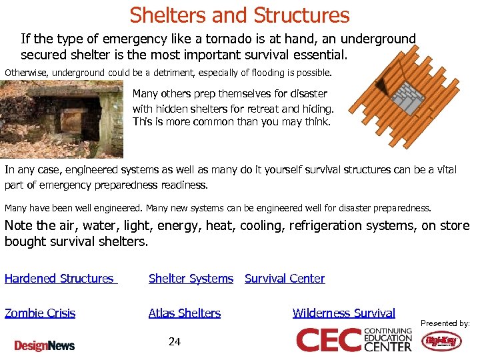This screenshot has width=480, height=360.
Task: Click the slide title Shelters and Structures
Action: (x=239, y=15)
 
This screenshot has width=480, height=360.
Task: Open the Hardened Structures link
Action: (x=59, y=279)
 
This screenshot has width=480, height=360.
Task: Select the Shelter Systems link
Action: (x=191, y=279)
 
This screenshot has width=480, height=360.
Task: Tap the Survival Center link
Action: (x=285, y=279)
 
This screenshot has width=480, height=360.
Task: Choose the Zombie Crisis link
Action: (x=40, y=313)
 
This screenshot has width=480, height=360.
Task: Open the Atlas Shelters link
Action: (x=185, y=313)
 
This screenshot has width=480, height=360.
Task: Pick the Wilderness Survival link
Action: (x=343, y=313)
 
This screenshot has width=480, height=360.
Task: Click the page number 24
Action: (x=175, y=342)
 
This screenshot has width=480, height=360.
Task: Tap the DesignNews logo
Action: (x=45, y=345)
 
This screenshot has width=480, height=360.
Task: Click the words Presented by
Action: (x=445, y=323)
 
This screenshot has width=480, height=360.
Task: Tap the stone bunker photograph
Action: (x=61, y=118)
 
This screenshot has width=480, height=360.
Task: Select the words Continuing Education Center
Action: (x=388, y=340)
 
